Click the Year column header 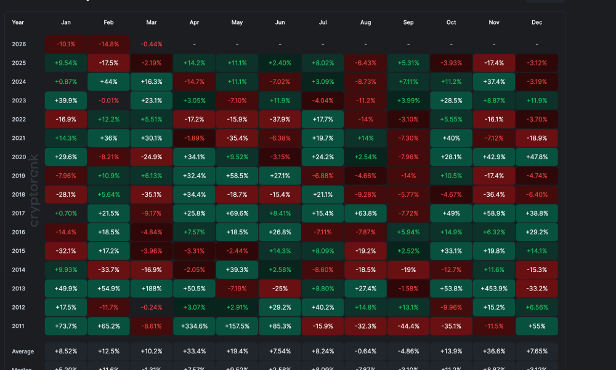[18, 22]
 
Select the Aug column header [366, 22]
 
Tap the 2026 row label [18, 44]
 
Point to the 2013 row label [18, 288]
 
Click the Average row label [23, 351]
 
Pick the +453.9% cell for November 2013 [494, 288]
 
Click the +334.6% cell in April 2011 [194, 326]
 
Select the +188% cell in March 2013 [152, 288]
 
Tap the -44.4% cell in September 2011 [408, 326]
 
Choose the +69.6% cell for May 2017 [237, 213]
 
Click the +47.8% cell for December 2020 [537, 157]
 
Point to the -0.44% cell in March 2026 [152, 44]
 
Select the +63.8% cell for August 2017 [366, 213]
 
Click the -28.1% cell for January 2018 [66, 194]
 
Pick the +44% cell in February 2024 [108, 82]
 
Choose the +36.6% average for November [494, 351]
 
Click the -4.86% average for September [408, 351]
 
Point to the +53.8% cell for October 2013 [452, 288]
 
